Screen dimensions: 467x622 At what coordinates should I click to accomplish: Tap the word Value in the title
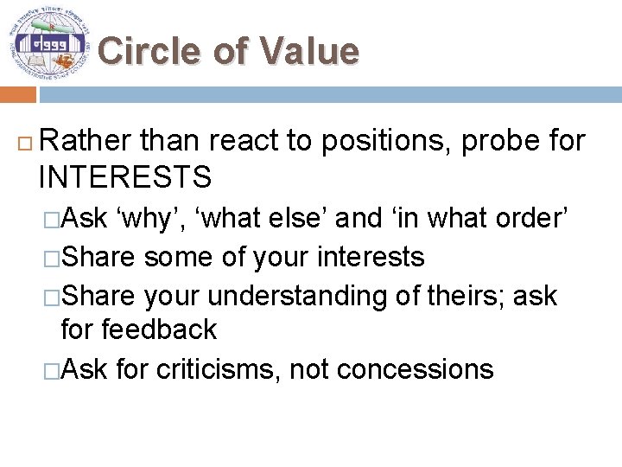pyautogui.click(x=308, y=51)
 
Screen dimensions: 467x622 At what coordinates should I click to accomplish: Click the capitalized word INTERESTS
pyautogui.click(x=125, y=177)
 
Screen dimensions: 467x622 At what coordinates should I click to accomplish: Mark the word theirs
pyautogui.click(x=467, y=295)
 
